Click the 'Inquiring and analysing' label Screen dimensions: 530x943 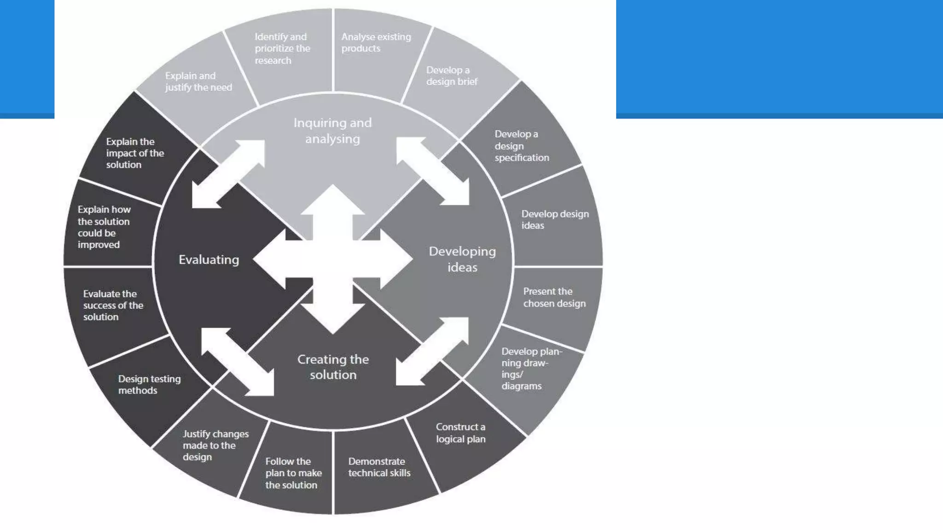pyautogui.click(x=332, y=131)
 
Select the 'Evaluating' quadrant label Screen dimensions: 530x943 pyautogui.click(x=209, y=259)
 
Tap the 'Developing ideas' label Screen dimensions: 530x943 pyautogui.click(x=462, y=259)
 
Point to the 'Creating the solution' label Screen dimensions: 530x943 pyautogui.click(x=333, y=367)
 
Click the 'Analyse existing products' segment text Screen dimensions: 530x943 pyautogui.click(x=376, y=42)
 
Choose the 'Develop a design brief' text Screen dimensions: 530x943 pyautogui.click(x=451, y=76)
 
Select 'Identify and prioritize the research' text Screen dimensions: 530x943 pyautogui.click(x=282, y=48)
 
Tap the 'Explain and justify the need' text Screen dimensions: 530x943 pyautogui.click(x=198, y=81)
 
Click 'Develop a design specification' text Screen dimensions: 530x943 pyautogui.click(x=521, y=146)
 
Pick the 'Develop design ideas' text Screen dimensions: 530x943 pyautogui.click(x=554, y=219)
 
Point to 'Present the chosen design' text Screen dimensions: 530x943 pyautogui.click(x=554, y=297)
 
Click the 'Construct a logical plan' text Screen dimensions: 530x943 pyautogui.click(x=460, y=433)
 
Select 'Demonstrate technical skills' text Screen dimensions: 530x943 pyautogui.click(x=378, y=467)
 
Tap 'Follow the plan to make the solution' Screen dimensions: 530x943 pyautogui.click(x=293, y=473)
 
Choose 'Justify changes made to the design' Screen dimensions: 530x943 pyautogui.click(x=215, y=445)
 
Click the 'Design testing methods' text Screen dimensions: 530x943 pyautogui.click(x=149, y=385)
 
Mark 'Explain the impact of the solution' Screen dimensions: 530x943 pyautogui.click(x=134, y=153)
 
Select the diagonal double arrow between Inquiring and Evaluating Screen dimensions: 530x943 pyautogui.click(x=228, y=174)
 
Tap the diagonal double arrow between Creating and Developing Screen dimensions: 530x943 pyautogui.click(x=432, y=351)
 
